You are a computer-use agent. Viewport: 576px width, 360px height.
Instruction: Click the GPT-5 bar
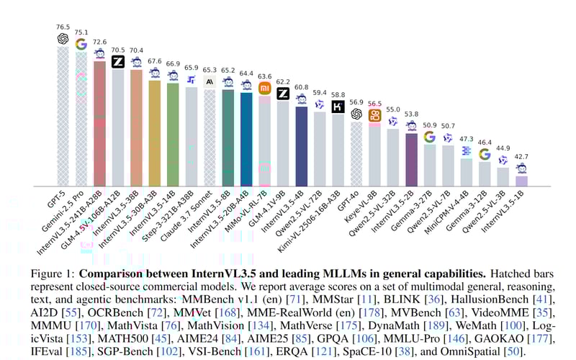pos(63,115)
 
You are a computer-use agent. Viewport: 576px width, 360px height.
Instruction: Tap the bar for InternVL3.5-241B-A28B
pos(99,122)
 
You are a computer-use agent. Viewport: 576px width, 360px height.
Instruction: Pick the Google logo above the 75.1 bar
pos(81,44)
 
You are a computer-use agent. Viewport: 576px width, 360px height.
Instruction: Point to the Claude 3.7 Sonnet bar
pos(210,137)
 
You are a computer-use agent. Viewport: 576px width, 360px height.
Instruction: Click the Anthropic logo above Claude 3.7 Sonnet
pos(210,82)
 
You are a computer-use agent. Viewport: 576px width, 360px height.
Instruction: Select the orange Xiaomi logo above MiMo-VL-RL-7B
pos(266,88)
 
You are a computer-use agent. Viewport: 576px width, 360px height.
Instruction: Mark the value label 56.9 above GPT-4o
pos(356,102)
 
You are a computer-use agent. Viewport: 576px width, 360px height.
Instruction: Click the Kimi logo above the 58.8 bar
pos(338,106)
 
